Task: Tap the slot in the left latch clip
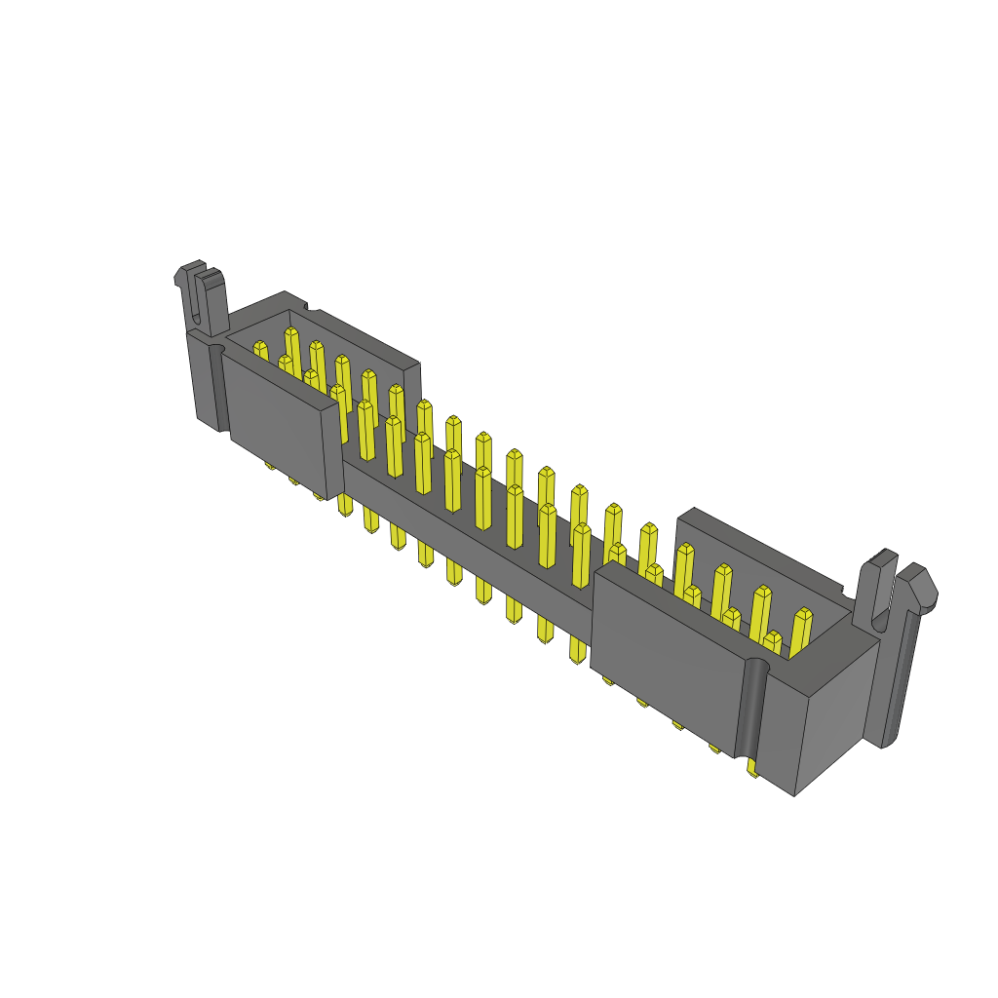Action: (x=201, y=297)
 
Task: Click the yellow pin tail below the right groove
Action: (x=752, y=770)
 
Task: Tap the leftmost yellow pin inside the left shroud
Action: (x=260, y=352)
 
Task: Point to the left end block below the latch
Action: (x=203, y=380)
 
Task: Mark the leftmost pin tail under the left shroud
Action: (x=270, y=466)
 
